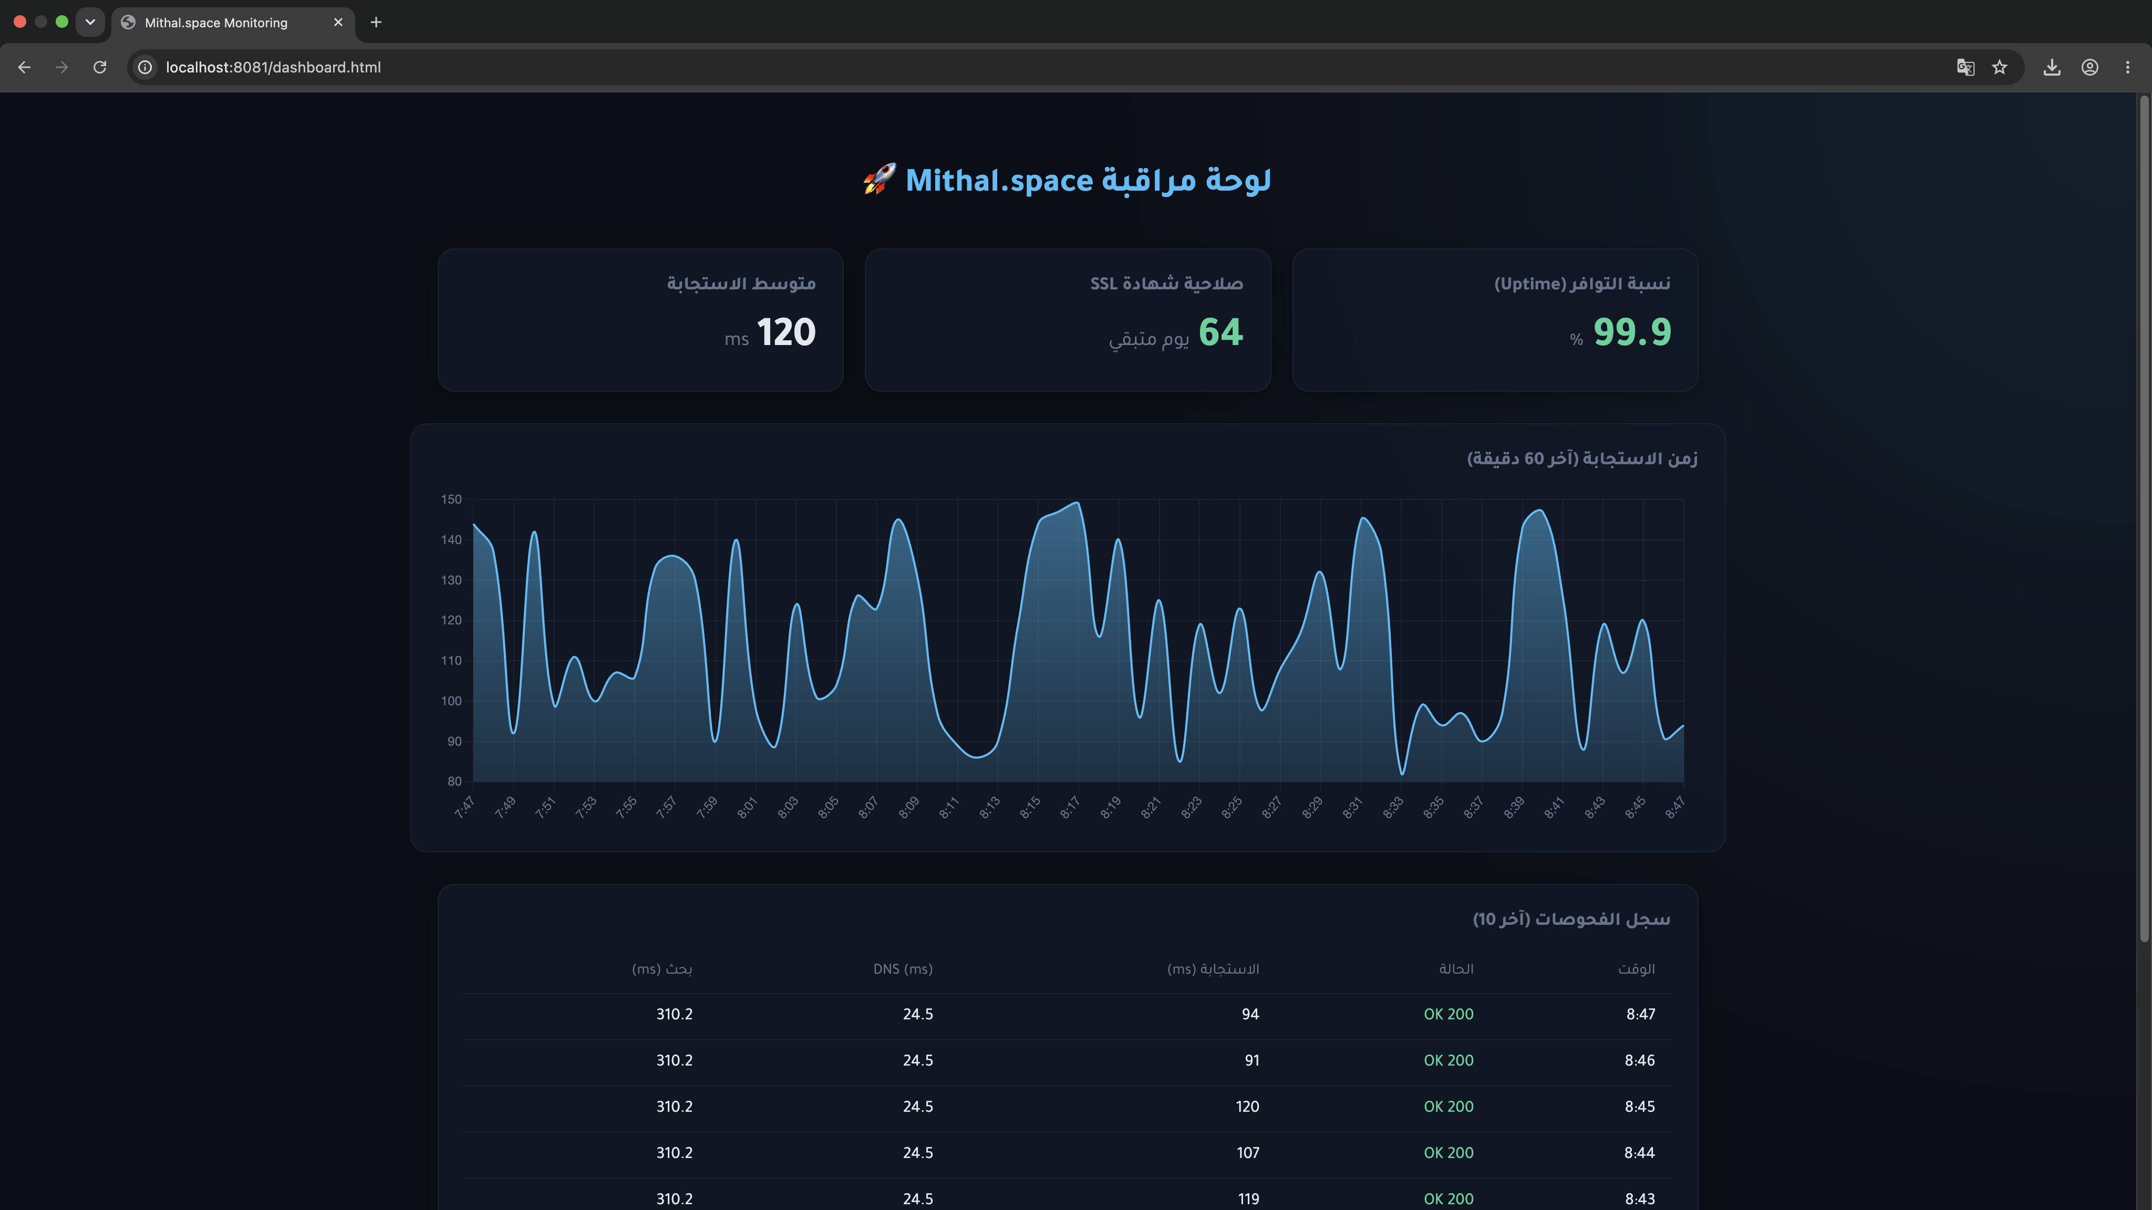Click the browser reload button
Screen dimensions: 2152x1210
click(99, 67)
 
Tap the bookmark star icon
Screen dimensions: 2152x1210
click(1999, 67)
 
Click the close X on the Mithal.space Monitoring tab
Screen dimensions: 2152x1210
click(338, 23)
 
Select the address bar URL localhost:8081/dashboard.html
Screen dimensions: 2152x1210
click(273, 67)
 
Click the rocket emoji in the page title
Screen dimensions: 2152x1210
click(879, 180)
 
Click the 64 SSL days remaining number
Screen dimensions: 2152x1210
click(1220, 332)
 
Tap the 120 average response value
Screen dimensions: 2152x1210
click(786, 332)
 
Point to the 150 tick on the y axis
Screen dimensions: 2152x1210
click(451, 499)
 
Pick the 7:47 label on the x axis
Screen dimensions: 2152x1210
click(464, 808)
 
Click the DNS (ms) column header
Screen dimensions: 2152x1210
click(903, 968)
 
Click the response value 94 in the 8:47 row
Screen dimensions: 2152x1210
click(1250, 1014)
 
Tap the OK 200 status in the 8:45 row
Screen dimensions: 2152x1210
click(1449, 1107)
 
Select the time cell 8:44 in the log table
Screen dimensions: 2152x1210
click(1639, 1152)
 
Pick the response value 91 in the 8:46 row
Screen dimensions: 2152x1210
click(1251, 1060)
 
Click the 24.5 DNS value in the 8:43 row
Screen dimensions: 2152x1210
click(918, 1198)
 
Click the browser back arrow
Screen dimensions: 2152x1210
click(24, 67)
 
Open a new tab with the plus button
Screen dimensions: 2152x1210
click(376, 23)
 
